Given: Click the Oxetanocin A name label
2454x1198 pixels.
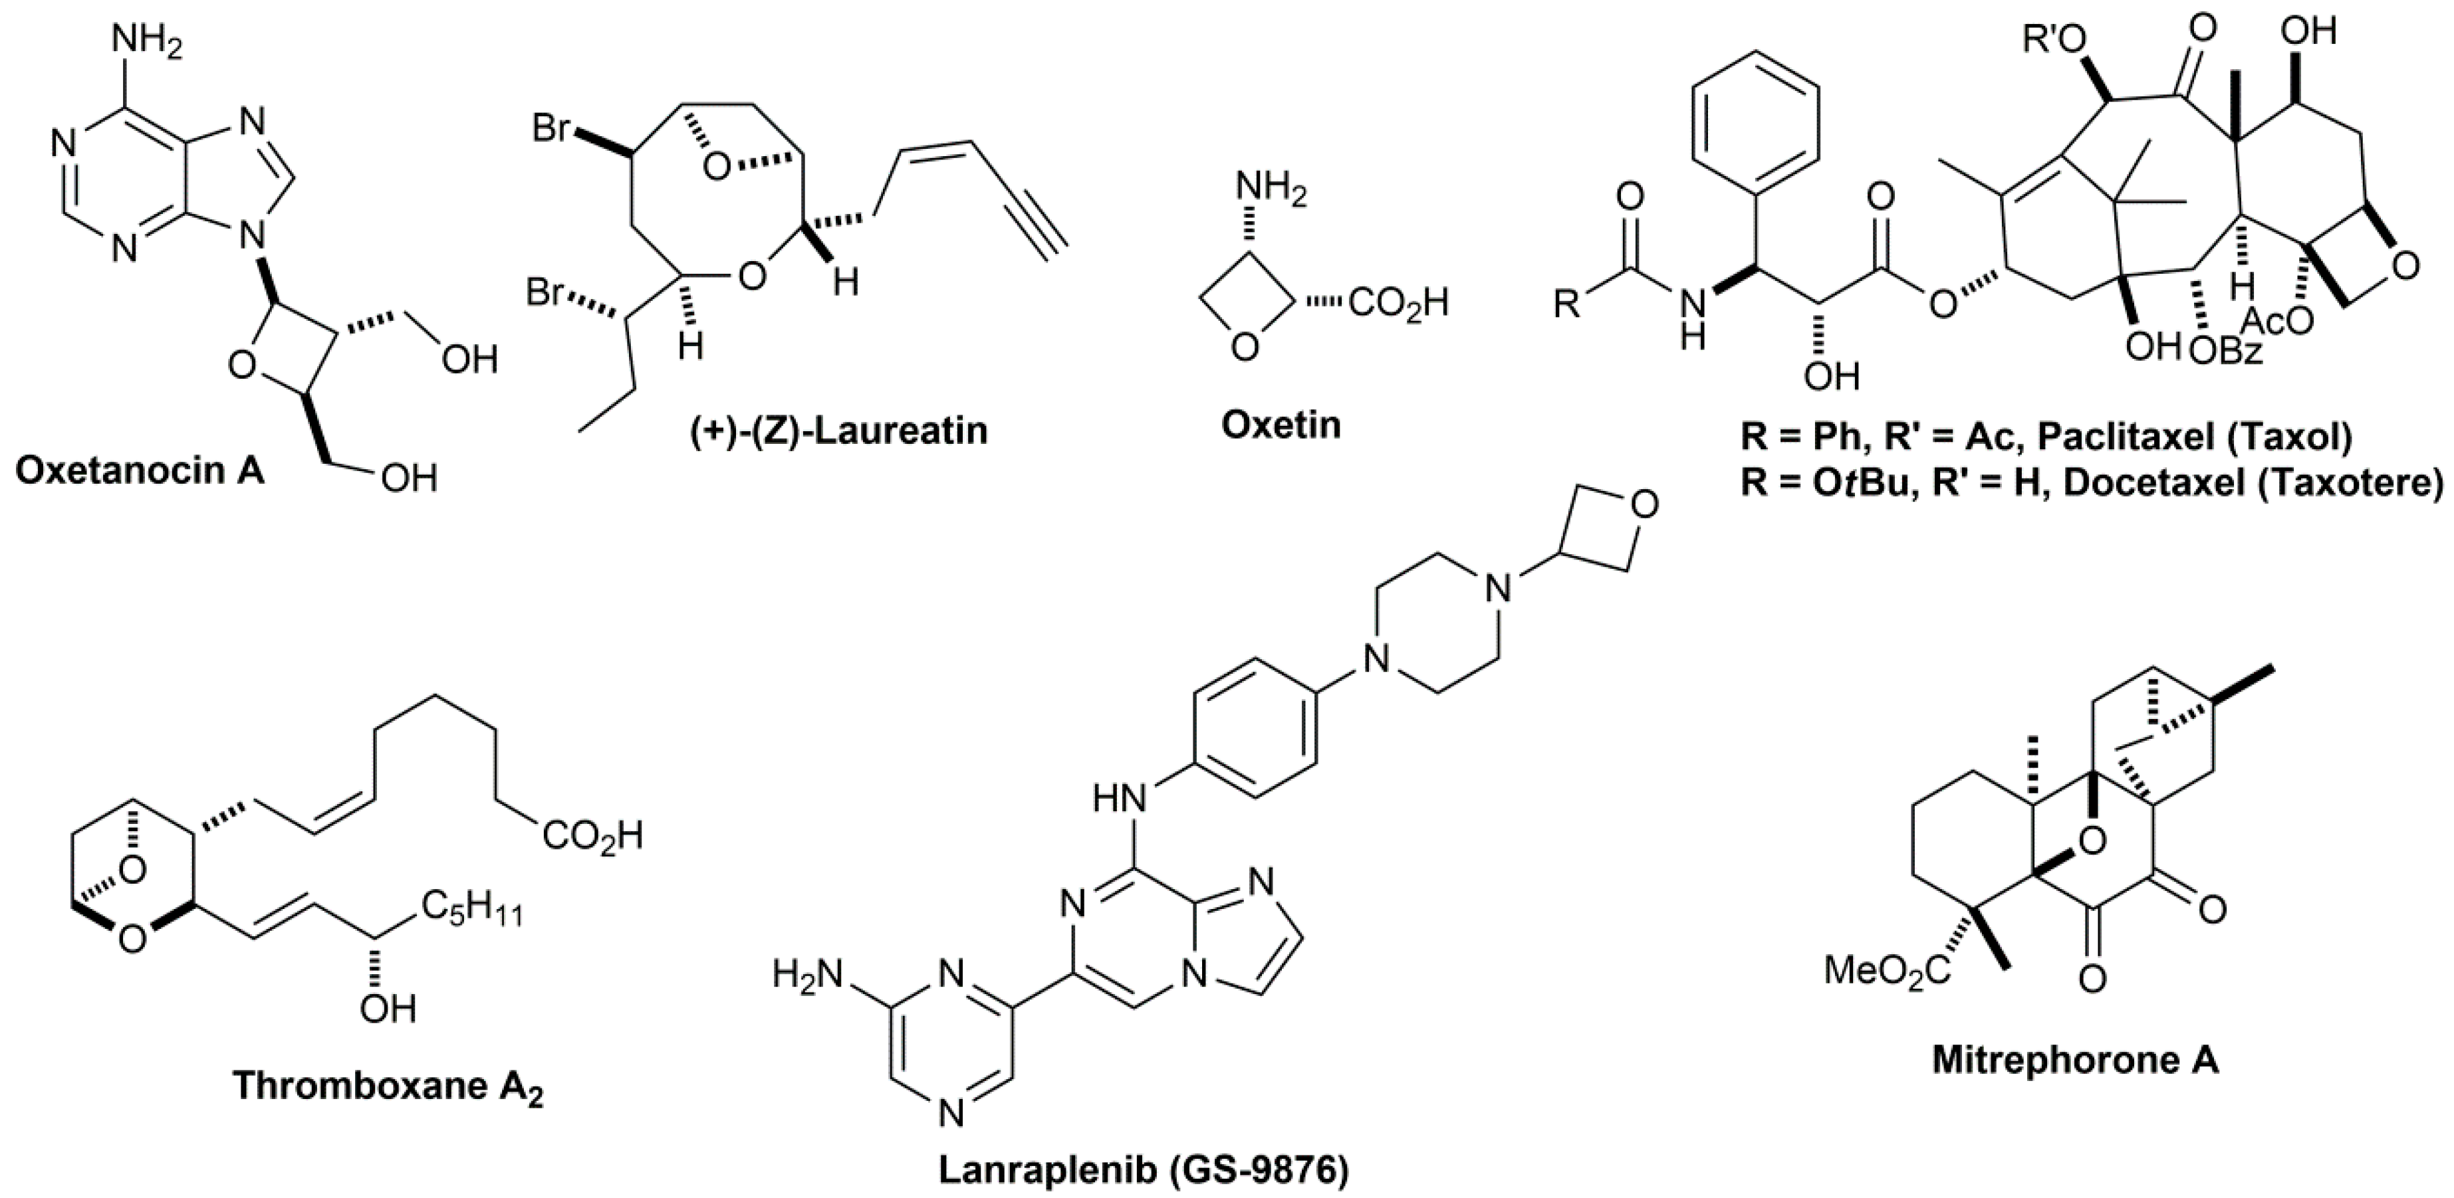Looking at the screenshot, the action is [140, 470].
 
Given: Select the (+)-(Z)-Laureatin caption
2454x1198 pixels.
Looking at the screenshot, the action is [839, 431].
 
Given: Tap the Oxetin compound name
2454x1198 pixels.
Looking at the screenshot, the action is [1281, 425].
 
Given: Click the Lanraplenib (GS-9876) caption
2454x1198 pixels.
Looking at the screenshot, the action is [1143, 1171].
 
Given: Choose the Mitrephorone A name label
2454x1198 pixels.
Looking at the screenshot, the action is [2075, 1060].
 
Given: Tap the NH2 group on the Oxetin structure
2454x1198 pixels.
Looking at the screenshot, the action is [1272, 191].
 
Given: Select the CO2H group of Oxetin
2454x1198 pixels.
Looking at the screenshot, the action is [1398, 303].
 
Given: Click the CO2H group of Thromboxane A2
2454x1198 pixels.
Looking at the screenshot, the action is [592, 837].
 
